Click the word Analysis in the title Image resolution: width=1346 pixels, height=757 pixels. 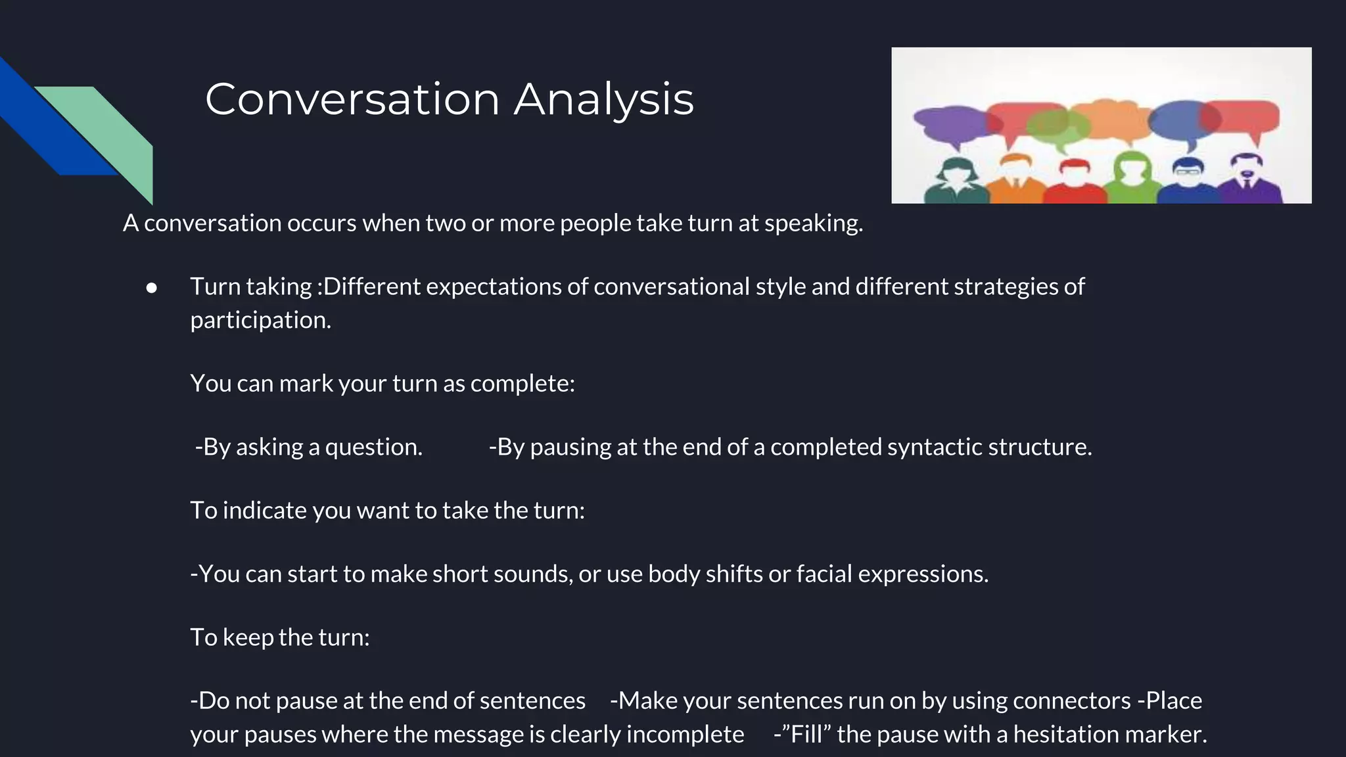(x=603, y=100)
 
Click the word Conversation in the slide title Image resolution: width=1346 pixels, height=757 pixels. (x=352, y=100)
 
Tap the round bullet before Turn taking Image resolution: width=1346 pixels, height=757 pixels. (x=152, y=288)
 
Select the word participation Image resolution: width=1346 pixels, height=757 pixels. (x=260, y=321)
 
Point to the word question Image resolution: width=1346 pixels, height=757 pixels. (x=373, y=447)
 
